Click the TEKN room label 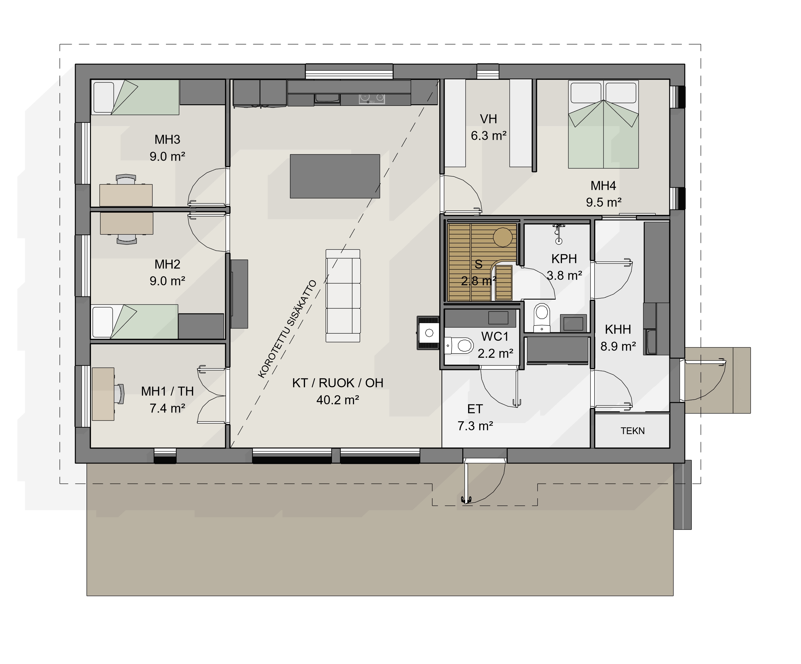(x=632, y=431)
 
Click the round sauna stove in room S (x=502, y=237)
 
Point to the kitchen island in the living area (x=335, y=176)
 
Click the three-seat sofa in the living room (x=343, y=295)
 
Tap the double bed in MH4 (x=603, y=124)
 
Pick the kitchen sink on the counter (x=327, y=98)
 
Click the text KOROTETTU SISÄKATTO (x=287, y=329)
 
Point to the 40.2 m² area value (x=338, y=400)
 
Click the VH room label (x=488, y=119)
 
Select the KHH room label (x=618, y=329)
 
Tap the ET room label (x=475, y=409)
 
